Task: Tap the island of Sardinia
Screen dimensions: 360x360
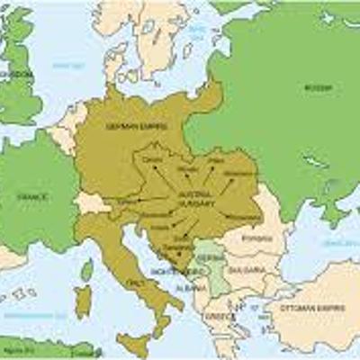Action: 83,301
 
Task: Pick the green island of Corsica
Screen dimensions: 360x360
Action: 87,269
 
